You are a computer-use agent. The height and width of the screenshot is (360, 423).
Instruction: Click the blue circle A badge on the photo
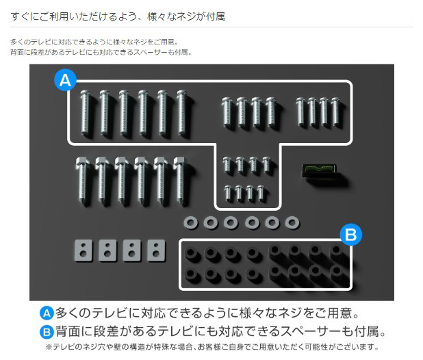pos(65,80)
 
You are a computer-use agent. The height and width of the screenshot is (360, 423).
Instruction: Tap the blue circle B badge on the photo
pos(350,235)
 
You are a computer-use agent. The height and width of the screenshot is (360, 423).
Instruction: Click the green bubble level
pos(319,170)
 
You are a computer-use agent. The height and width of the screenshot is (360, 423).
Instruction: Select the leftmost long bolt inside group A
pos(86,113)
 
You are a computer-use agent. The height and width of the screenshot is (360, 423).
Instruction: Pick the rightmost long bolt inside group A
pos(181,113)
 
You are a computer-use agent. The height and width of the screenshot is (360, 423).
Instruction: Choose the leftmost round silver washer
pos(191,223)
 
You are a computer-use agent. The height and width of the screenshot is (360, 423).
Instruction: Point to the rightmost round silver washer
pos(292,222)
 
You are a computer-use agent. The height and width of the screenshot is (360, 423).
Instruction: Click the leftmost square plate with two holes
pos(84,250)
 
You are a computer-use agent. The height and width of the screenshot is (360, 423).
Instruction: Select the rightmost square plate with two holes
pos(156,250)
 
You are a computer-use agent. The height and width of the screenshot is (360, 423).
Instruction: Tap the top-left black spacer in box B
pos(191,254)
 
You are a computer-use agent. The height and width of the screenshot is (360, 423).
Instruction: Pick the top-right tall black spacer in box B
pos(337,251)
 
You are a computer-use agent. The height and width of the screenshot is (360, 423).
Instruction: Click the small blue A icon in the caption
pos(47,313)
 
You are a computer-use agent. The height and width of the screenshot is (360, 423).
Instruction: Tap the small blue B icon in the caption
pos(47,332)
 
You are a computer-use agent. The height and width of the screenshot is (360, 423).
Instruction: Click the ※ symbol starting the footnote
pos(49,347)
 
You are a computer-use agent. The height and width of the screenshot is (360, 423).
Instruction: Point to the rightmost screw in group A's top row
pos(335,112)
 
